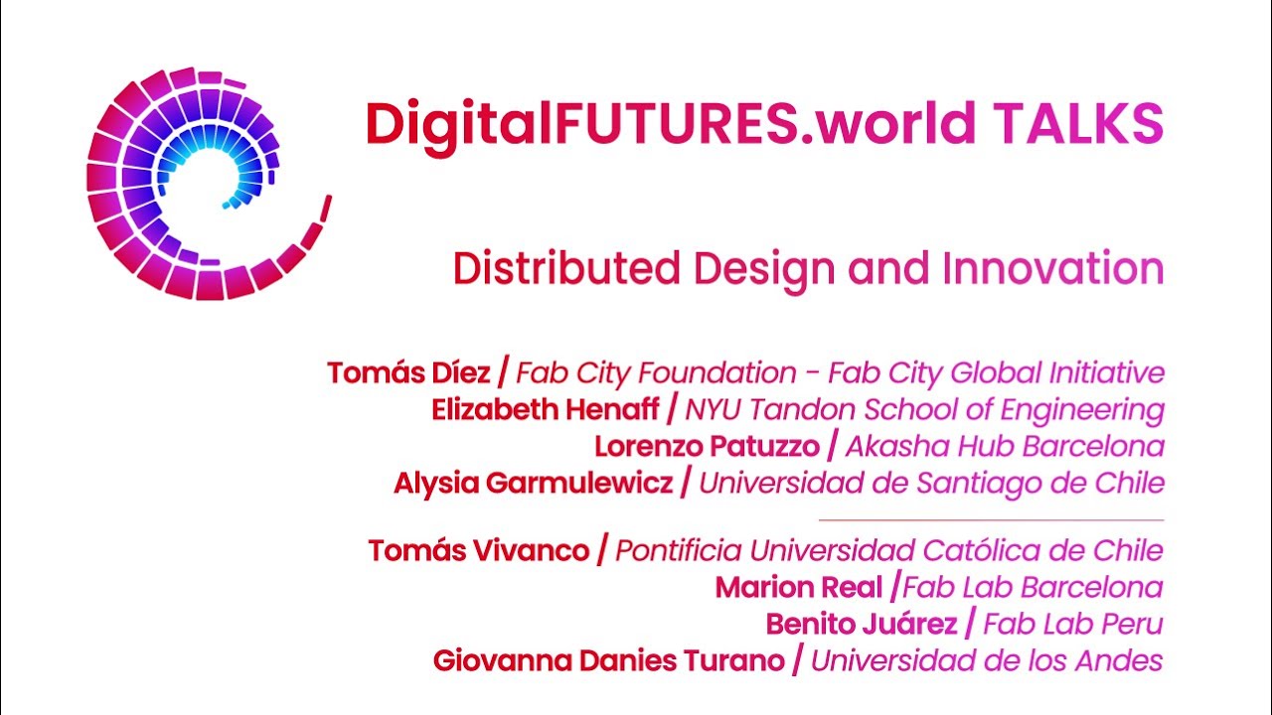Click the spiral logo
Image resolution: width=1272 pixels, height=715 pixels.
click(x=204, y=185)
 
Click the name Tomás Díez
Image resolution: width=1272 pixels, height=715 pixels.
click(x=408, y=373)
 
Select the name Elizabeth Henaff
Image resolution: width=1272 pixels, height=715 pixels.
click(x=546, y=409)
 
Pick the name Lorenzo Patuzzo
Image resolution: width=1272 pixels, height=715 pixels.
click(x=708, y=446)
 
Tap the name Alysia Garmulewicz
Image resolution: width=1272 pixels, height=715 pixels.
click(x=534, y=484)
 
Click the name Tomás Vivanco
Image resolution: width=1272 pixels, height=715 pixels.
click(x=479, y=550)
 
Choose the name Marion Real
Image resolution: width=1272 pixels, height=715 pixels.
click(x=799, y=588)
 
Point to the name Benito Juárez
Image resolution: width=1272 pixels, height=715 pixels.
click(x=862, y=625)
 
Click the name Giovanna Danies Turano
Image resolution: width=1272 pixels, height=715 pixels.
click(x=608, y=660)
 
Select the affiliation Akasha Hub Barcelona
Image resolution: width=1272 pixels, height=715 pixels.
click(x=1005, y=446)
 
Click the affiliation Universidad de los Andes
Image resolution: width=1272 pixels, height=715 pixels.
click(x=987, y=660)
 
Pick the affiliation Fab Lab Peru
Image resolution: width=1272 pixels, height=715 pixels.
click(x=1072, y=625)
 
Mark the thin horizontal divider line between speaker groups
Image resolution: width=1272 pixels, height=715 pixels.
click(x=991, y=519)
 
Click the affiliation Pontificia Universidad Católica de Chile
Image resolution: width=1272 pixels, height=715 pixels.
click(x=889, y=550)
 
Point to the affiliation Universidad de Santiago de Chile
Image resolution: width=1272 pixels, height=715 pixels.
click(x=931, y=484)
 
